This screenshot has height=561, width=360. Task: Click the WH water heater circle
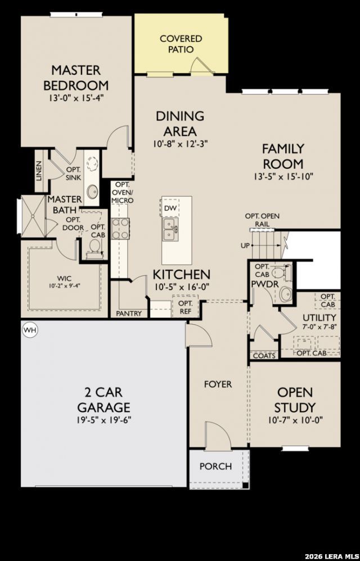(x=30, y=330)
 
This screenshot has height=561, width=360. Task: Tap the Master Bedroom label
(x=76, y=78)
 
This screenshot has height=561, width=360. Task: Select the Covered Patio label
(x=181, y=44)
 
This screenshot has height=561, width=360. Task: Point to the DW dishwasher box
(x=170, y=208)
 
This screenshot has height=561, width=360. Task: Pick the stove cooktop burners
(x=120, y=228)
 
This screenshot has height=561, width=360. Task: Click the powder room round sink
(x=286, y=294)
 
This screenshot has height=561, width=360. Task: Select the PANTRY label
(x=129, y=314)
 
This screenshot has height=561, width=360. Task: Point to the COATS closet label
(x=264, y=356)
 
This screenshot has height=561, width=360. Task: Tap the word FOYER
(x=218, y=384)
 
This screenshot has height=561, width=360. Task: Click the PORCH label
(x=215, y=466)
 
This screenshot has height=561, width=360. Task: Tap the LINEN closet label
(x=39, y=170)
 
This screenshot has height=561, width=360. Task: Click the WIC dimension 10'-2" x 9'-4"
(x=64, y=286)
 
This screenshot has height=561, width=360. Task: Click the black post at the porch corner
(x=245, y=485)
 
